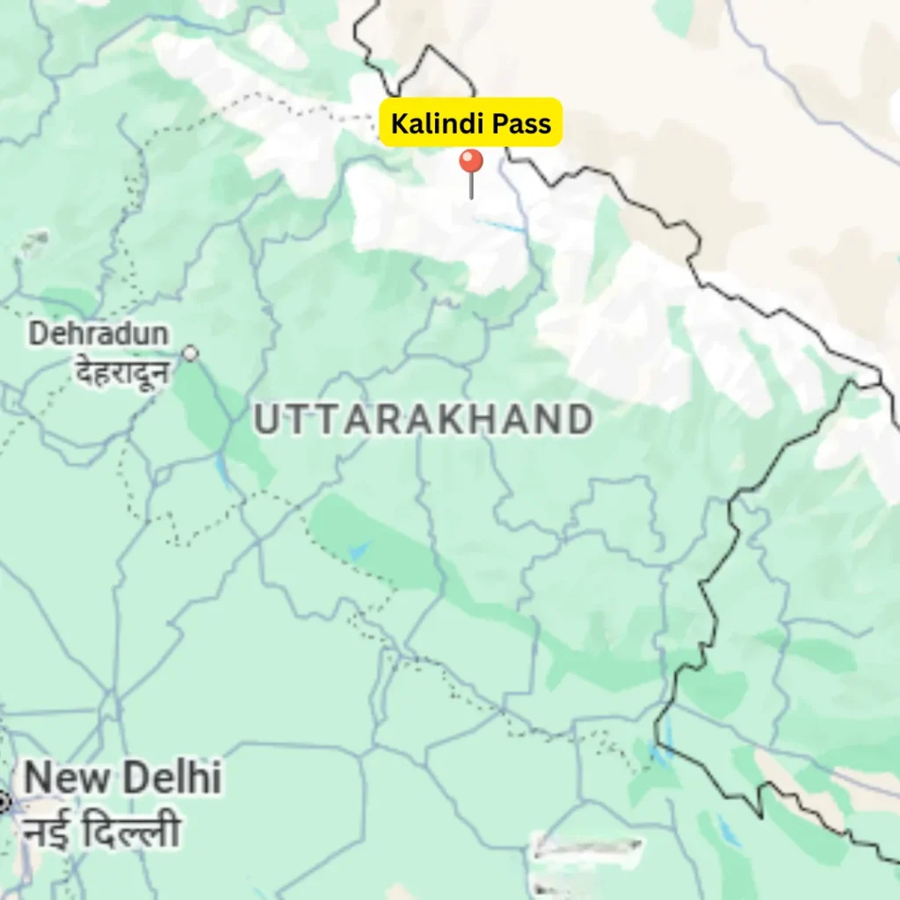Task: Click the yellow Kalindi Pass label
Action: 470,123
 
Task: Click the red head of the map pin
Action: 471,161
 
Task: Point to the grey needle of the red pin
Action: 471,186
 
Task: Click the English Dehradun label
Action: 98,334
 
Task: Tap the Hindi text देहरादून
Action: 121,374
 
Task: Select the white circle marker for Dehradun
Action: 190,353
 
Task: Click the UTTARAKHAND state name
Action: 423,421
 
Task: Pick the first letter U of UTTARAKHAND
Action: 265,421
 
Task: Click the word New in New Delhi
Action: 65,779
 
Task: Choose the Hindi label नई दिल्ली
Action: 101,831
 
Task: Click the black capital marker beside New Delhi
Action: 3,802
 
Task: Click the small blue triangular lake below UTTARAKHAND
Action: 359,551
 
